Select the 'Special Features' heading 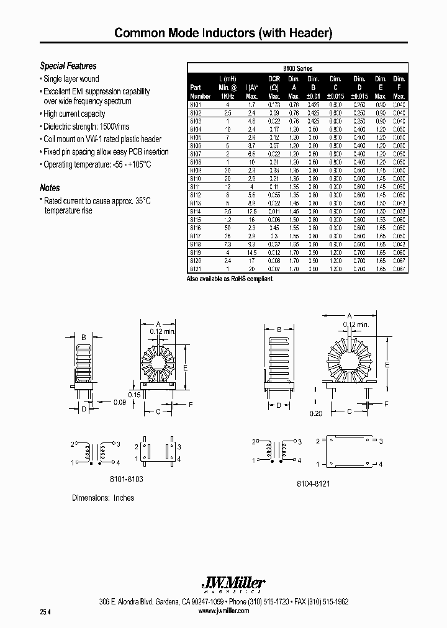(x=68, y=66)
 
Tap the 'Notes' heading (x=50, y=187)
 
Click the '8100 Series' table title (x=297, y=68)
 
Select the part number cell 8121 (x=196, y=269)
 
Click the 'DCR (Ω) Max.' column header (x=274, y=87)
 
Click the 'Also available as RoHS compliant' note (x=230, y=279)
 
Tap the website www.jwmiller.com (x=223, y=611)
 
